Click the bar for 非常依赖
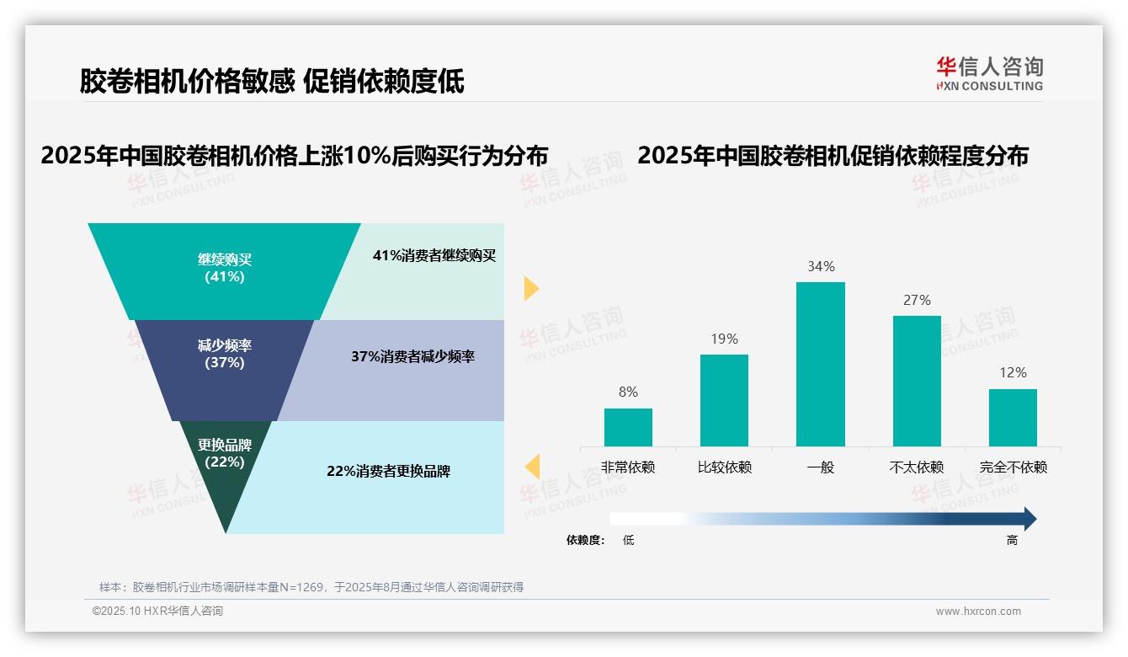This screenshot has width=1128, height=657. [628, 427]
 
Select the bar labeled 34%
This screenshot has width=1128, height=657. [821, 364]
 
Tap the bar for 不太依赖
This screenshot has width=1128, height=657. [917, 381]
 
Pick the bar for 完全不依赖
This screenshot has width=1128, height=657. [1013, 418]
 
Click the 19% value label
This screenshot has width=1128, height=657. [724, 339]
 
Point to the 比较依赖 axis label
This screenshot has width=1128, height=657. [724, 467]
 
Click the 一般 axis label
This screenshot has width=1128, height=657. [821, 467]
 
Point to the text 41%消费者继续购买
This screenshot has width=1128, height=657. [434, 256]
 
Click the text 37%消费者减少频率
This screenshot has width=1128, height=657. [412, 357]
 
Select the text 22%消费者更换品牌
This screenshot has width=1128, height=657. [388, 472]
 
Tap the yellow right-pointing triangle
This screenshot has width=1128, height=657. [530, 288]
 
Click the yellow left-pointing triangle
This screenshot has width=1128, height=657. [532, 467]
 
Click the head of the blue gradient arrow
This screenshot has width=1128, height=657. [1029, 519]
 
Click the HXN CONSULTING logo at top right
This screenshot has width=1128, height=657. [989, 73]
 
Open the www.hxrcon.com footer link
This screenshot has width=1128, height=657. [978, 612]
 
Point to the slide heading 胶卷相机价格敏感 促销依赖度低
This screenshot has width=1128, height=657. [272, 81]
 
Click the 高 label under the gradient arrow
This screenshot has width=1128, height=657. [1012, 541]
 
